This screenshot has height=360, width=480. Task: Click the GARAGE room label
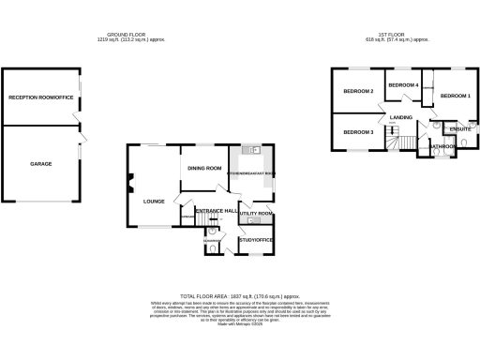[40, 164]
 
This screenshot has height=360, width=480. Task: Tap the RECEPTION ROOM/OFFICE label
[40, 97]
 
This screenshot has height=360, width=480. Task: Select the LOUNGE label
[154, 201]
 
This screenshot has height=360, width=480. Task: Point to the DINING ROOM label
[203, 168]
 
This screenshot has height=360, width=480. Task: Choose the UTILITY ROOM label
[255, 214]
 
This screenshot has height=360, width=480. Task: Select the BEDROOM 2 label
[358, 91]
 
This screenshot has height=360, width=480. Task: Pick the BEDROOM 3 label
[358, 132]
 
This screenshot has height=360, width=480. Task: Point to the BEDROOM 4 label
[403, 85]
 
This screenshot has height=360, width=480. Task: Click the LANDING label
[401, 117]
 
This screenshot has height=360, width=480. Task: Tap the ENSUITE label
[459, 128]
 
